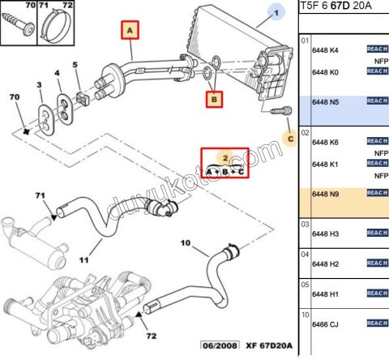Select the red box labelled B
coord(214,100)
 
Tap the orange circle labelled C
coord(289,139)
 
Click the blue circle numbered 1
coord(276,14)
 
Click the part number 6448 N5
coord(325,102)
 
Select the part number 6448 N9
coord(325,195)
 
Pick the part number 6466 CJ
coord(325,324)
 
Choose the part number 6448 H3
coord(325,234)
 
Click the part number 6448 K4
coord(325,50)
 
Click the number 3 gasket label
coord(39,85)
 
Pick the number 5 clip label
coord(75,65)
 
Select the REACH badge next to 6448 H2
coord(377,264)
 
